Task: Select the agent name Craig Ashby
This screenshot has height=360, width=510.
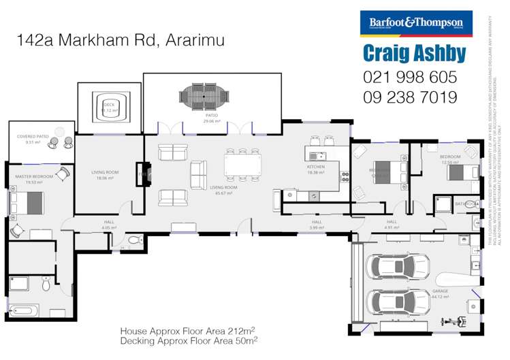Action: [414, 54]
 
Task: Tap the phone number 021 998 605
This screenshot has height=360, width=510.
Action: [410, 77]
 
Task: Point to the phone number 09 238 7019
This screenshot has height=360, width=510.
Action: [410, 97]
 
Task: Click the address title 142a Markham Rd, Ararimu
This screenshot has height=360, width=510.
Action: [121, 40]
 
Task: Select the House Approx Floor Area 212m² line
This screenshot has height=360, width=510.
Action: [188, 330]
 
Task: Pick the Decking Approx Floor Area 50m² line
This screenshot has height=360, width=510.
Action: [188, 340]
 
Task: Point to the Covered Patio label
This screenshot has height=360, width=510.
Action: [33, 139]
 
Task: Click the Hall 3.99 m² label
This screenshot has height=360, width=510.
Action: [316, 224]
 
